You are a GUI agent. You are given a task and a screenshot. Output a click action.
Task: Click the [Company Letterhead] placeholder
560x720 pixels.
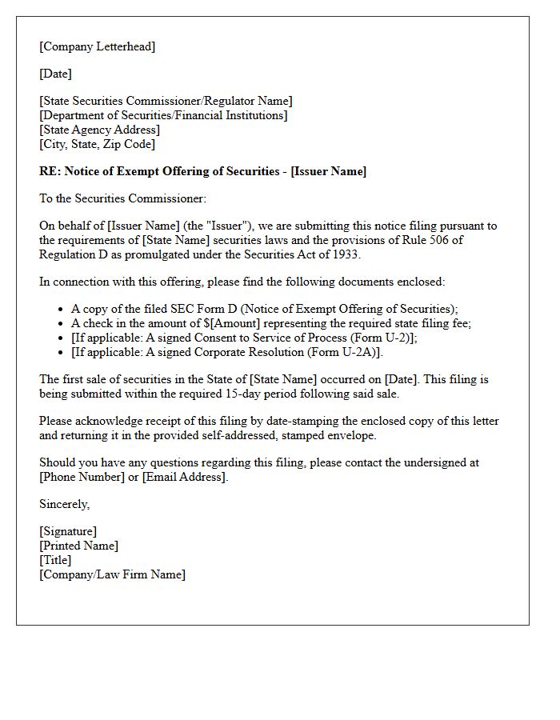pos(97,46)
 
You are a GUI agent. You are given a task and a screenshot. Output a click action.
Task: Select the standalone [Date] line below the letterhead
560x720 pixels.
pos(55,74)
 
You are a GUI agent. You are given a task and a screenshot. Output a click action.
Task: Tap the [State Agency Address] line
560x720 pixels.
pos(99,130)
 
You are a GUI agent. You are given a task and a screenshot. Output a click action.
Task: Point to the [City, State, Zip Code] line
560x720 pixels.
pos(97,144)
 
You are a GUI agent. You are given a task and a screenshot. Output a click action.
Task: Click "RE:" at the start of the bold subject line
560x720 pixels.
pos(50,171)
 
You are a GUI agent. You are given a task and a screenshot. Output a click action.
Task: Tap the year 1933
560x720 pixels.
pos(348,254)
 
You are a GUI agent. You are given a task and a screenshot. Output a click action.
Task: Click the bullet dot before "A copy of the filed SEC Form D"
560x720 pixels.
pos(62,309)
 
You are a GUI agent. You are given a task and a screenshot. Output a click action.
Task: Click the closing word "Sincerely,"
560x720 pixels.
pos(65,504)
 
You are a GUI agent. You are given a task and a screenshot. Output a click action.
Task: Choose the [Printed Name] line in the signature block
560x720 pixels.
pos(78,546)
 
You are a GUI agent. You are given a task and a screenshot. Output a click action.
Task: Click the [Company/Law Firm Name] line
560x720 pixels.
pos(112,574)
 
